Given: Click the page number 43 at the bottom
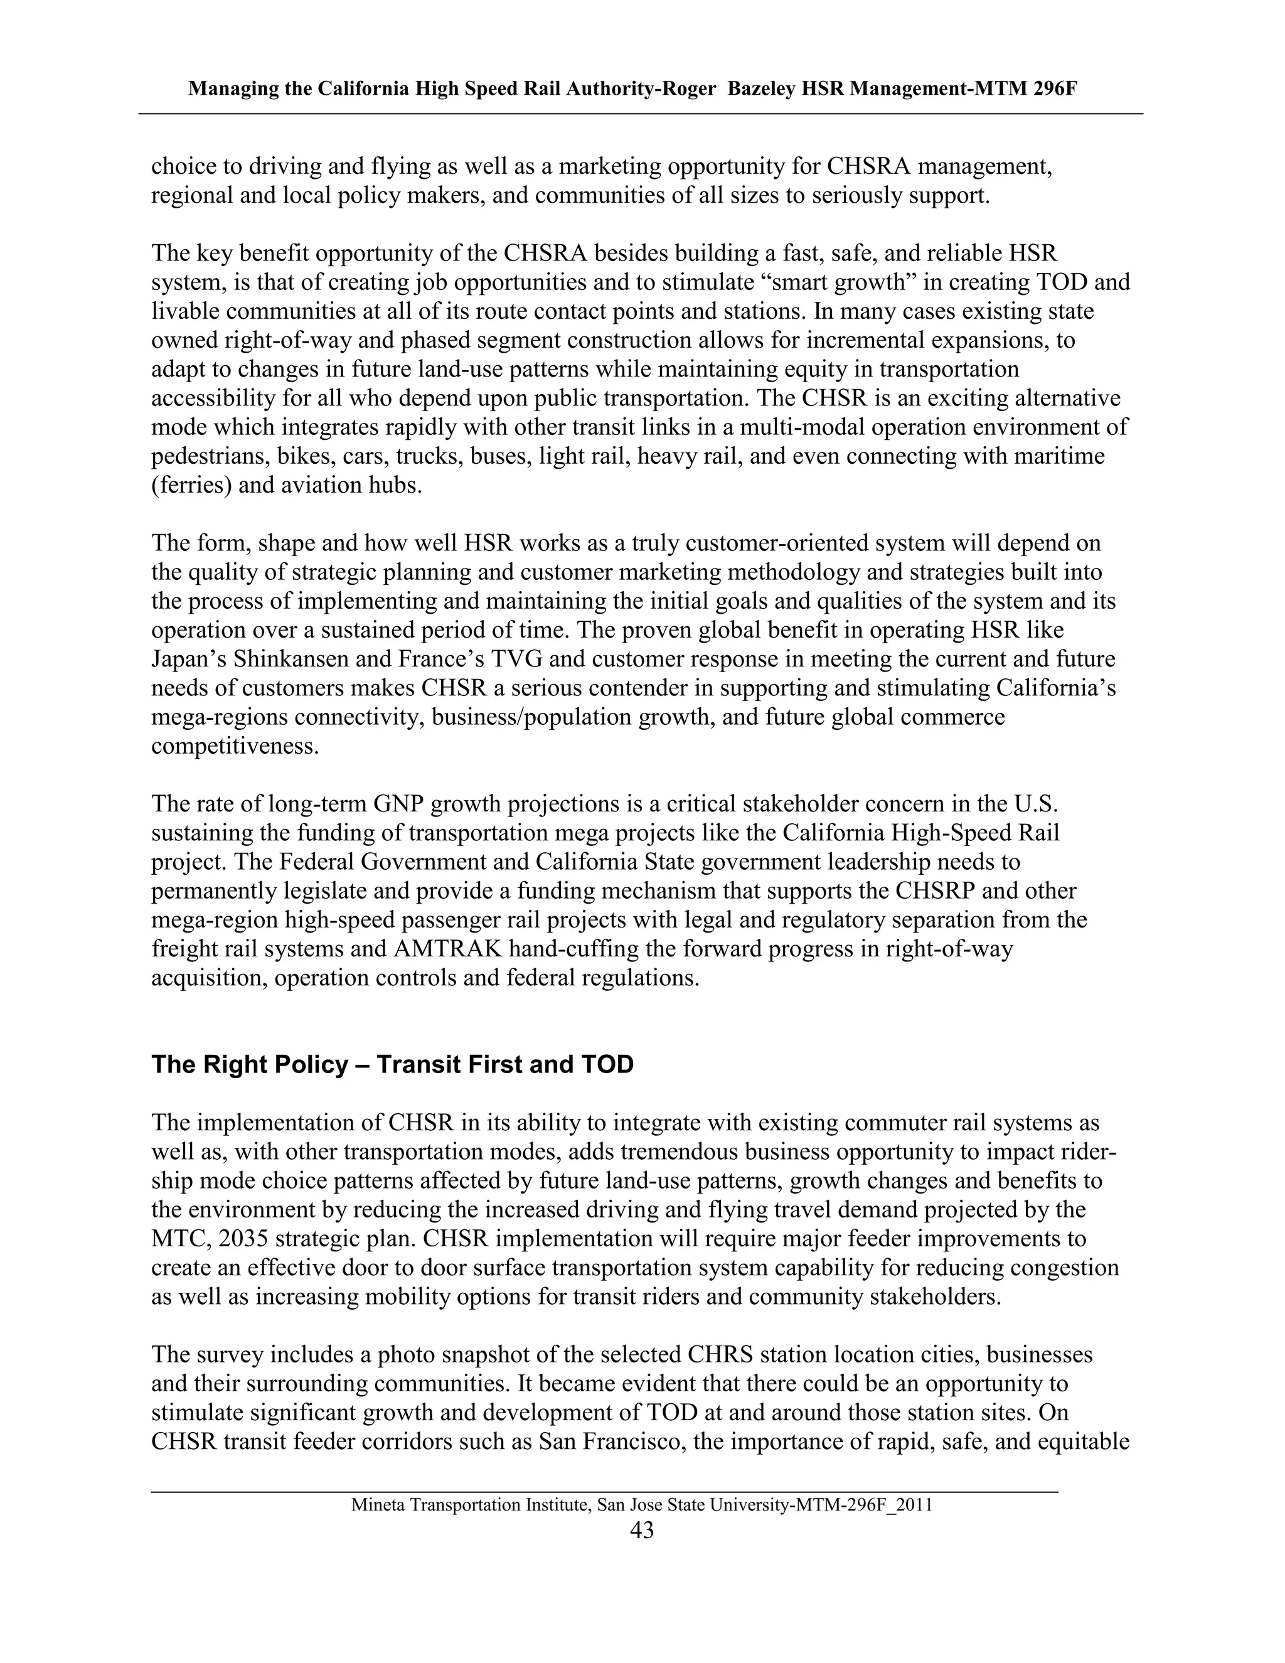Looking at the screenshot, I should tap(642, 1531).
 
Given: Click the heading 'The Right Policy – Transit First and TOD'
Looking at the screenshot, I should tap(392, 1064).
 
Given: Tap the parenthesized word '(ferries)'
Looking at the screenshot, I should tap(191, 486).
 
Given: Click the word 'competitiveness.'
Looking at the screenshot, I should tap(235, 746).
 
